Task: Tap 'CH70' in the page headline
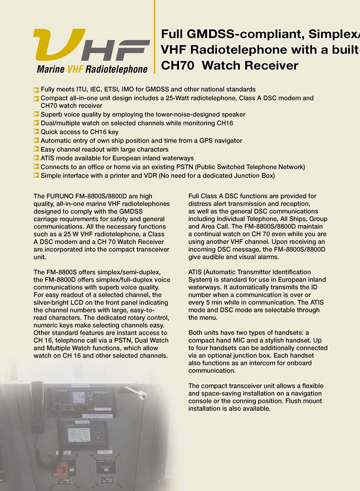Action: click(177, 66)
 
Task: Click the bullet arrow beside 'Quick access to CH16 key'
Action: click(36, 132)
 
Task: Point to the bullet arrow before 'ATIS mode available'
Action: click(36, 158)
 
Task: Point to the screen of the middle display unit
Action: click(79, 434)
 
